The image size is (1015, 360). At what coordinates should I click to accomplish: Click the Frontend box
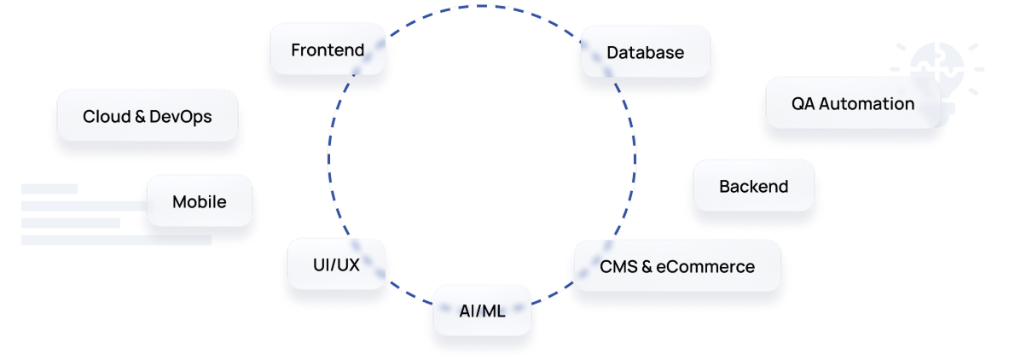tap(328, 49)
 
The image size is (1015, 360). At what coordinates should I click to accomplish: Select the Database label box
tap(645, 52)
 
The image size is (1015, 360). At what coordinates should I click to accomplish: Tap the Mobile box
tap(199, 202)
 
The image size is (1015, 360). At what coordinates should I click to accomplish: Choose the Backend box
tap(753, 186)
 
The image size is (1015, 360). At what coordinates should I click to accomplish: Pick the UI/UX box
tap(336, 264)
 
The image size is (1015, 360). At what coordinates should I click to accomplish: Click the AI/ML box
tap(482, 311)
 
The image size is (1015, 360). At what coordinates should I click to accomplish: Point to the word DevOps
tap(180, 116)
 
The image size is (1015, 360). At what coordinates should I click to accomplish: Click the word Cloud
tap(107, 116)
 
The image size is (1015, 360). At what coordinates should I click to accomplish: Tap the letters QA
tap(803, 104)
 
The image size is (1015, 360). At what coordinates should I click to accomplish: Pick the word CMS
tap(618, 267)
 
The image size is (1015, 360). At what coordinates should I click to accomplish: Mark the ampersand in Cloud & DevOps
tap(140, 116)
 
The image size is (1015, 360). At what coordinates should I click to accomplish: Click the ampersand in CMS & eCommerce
tap(647, 267)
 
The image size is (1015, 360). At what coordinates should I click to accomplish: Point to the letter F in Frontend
tap(295, 50)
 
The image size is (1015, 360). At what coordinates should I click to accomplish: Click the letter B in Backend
tap(724, 186)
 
